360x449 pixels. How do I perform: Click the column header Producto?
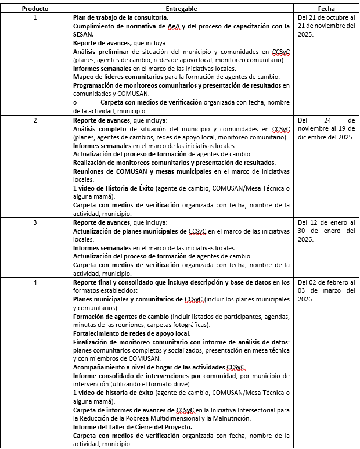click(35, 9)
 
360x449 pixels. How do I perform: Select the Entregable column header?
click(181, 9)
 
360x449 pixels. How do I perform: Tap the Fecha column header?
click(326, 9)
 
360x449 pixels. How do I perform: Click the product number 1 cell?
click(35, 18)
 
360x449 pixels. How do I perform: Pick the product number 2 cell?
click(35, 120)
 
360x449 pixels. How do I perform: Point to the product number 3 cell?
click(35, 222)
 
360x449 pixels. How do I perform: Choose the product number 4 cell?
click(35, 282)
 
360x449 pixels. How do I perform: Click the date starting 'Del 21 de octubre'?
click(326, 27)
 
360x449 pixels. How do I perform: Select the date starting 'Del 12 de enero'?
click(326, 231)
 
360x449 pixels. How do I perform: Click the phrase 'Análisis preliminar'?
click(98, 52)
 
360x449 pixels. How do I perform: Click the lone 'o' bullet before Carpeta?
click(75, 102)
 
